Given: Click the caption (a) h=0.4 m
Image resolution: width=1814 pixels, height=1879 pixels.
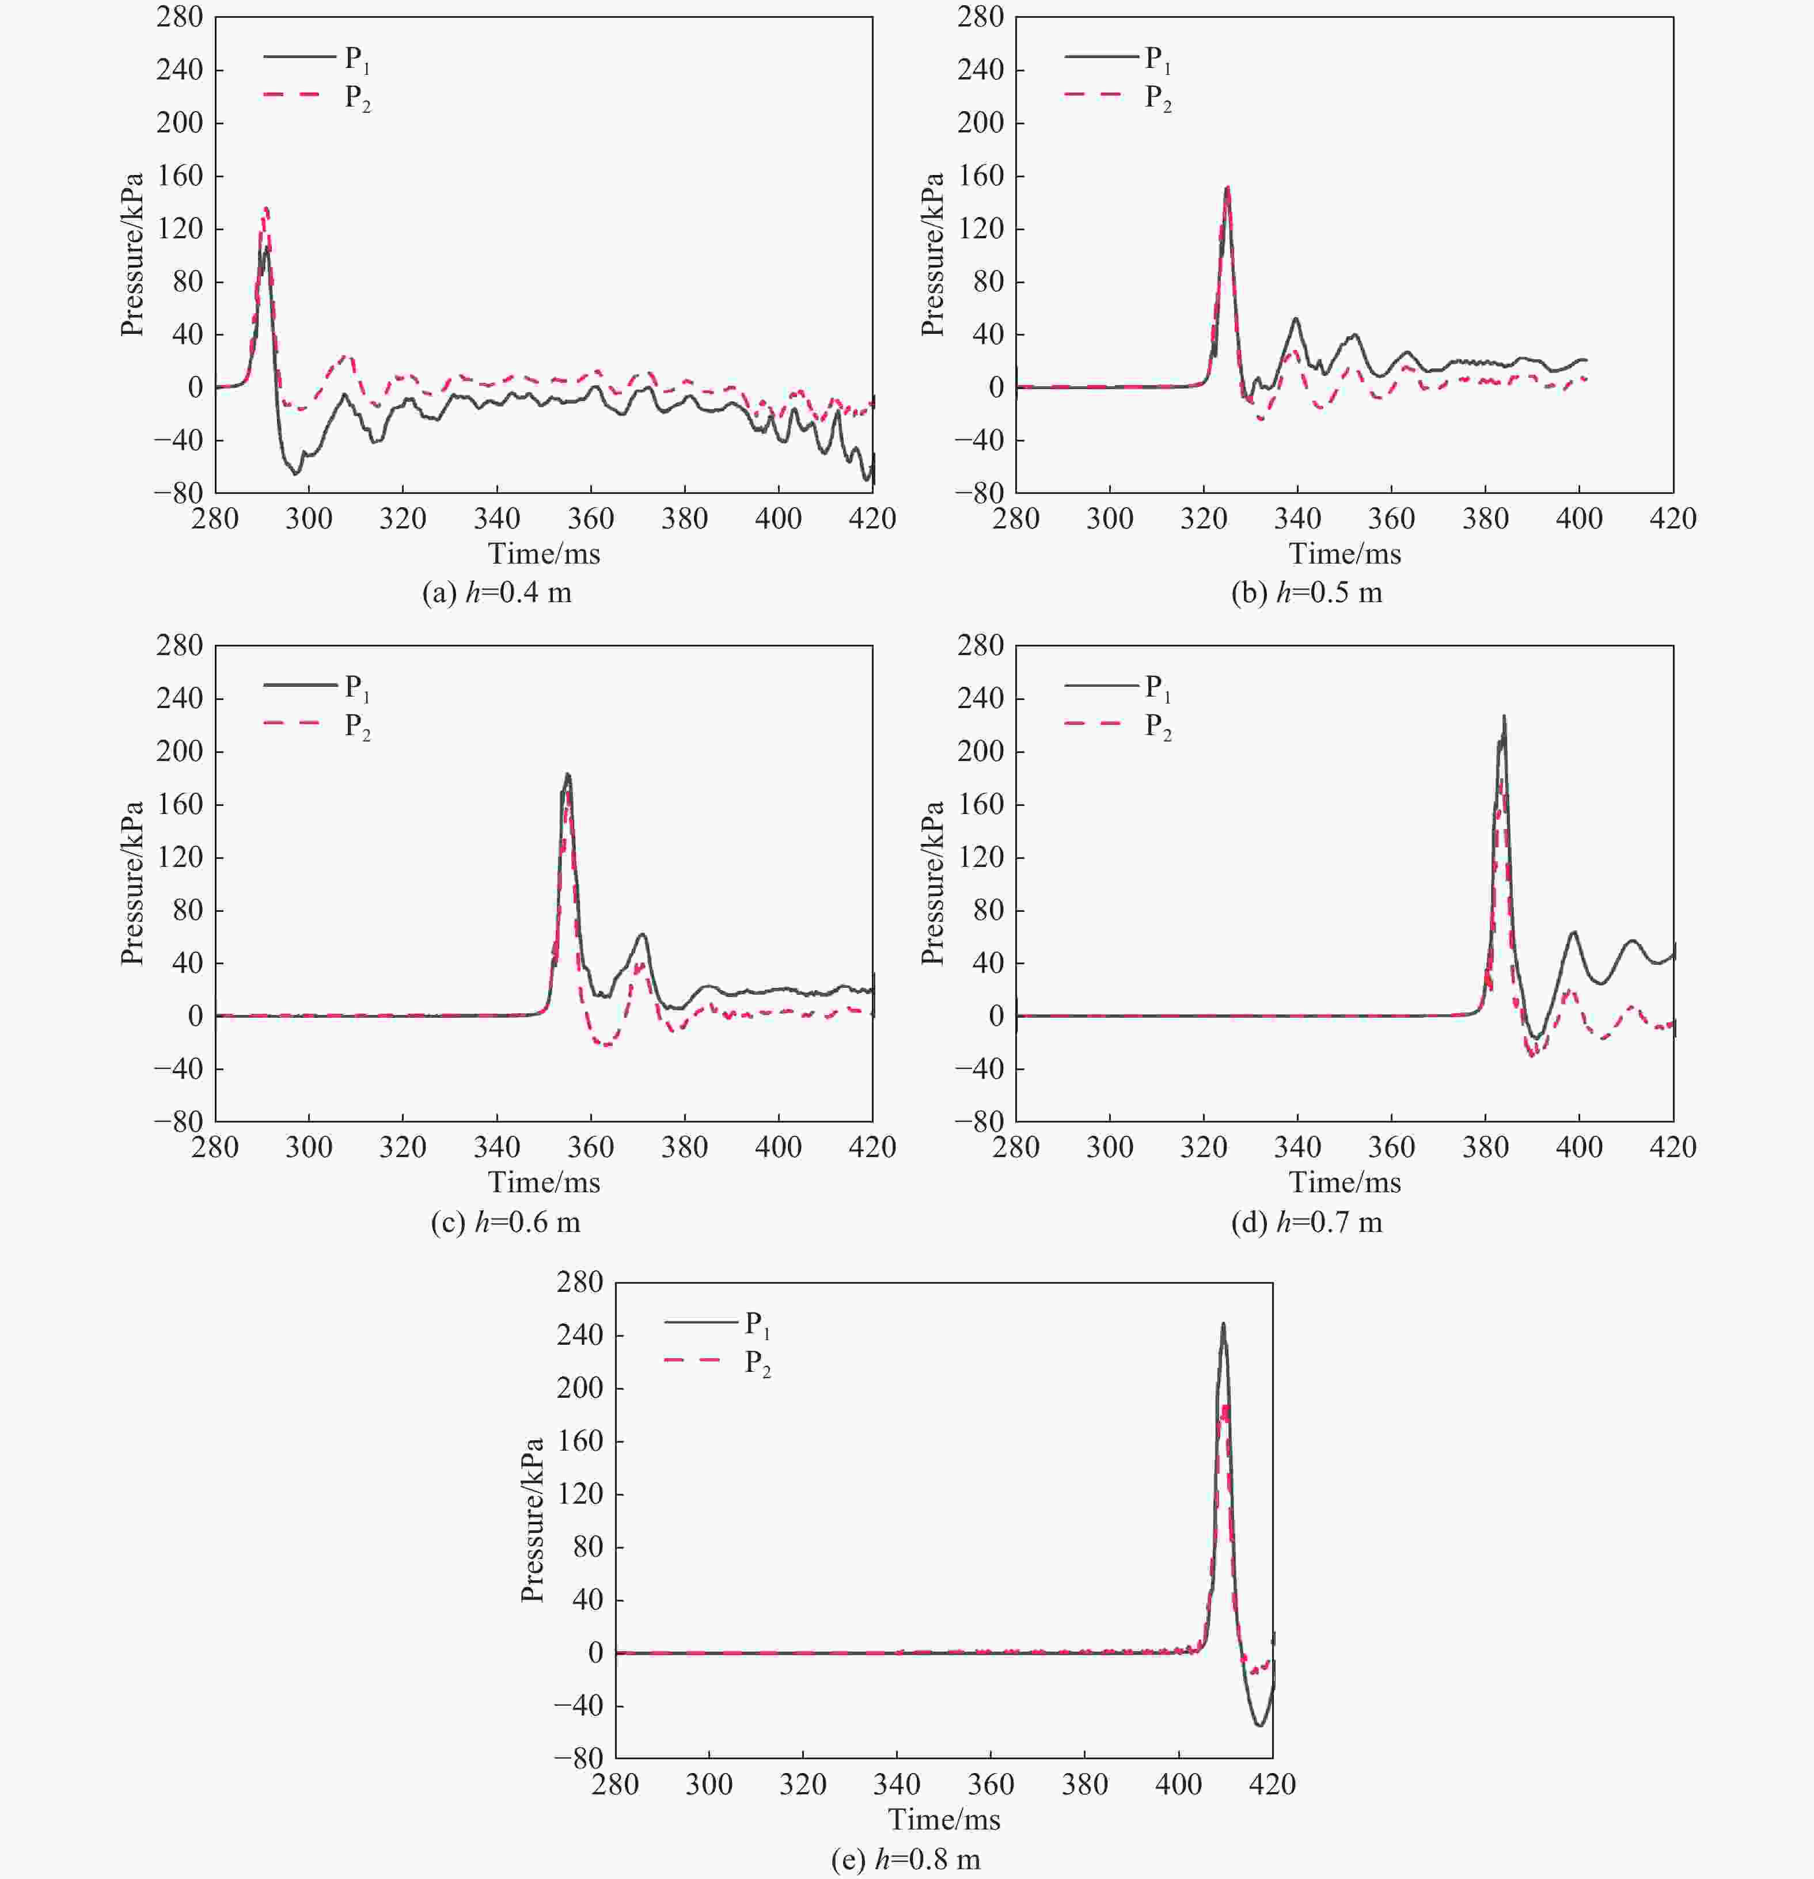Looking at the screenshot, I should pyautogui.click(x=496, y=594).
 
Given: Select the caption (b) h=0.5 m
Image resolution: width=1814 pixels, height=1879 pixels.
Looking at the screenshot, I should pyautogui.click(x=1306, y=594).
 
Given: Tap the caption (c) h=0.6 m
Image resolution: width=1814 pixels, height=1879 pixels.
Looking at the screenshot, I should pyautogui.click(x=505, y=1222).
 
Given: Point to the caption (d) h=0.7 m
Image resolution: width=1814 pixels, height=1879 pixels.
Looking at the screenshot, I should pyautogui.click(x=1306, y=1222).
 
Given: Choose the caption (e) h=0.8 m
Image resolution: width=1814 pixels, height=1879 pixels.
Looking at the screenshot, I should pyautogui.click(x=906, y=1860).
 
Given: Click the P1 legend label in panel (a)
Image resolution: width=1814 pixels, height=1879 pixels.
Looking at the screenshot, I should pyautogui.click(x=356, y=59).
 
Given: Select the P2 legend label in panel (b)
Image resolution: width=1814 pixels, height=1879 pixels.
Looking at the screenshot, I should pyautogui.click(x=1158, y=98).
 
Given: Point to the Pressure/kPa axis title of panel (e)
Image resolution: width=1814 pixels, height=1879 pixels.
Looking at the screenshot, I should pyautogui.click(x=533, y=1520).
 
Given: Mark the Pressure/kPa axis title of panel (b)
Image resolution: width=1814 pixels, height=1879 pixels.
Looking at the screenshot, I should pyautogui.click(x=933, y=254).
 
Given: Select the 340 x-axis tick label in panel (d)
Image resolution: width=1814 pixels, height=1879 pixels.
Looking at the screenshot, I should pyautogui.click(x=1297, y=1147).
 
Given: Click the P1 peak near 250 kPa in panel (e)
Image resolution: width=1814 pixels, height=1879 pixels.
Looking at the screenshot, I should pyautogui.click(x=1223, y=1325).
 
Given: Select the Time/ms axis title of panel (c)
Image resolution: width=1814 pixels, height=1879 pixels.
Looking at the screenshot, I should pyautogui.click(x=544, y=1182).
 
